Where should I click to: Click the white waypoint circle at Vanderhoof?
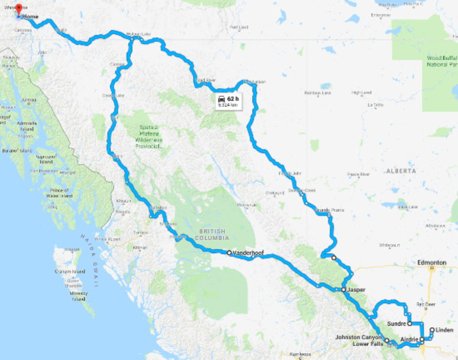pos(229,253)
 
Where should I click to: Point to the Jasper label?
pos(357,290)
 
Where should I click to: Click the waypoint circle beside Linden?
pos(432,330)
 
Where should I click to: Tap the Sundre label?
pos(396,323)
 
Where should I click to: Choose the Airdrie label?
pos(409,339)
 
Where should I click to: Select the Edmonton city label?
pos(432,262)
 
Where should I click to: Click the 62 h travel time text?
pos(233,98)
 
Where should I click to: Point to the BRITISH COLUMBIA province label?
pos(213,235)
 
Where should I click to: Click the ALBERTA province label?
pos(401,171)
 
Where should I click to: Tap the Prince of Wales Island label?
pos(59,193)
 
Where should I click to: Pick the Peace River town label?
pos(359,174)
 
